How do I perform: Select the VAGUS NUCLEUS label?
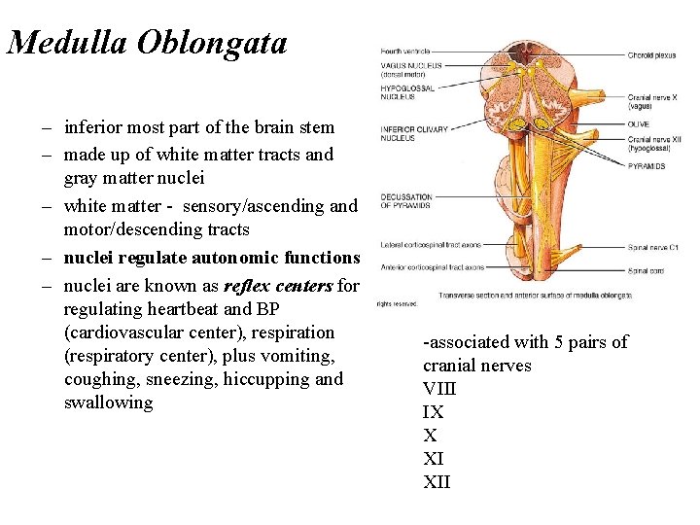pos(411,69)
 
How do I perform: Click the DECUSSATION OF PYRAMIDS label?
pos(406,201)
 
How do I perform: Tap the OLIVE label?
pos(638,124)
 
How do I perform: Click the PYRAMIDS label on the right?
pos(647,166)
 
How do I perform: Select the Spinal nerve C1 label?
pos(653,247)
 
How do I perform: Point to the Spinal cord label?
pos(647,270)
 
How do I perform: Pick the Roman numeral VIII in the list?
pos(439,389)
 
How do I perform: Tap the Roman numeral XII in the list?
pos(437,482)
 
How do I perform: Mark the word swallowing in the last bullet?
pos(108,402)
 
